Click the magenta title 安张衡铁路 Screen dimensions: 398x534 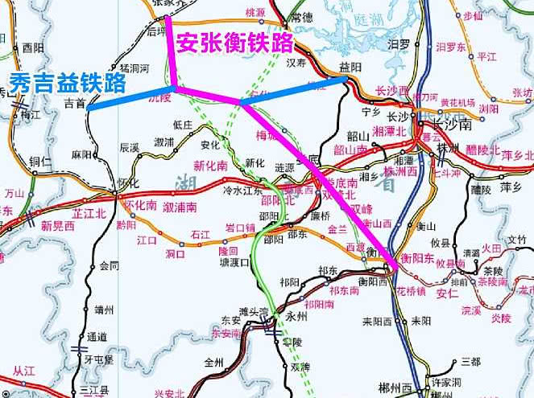234,42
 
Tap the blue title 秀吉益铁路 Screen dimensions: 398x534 68,82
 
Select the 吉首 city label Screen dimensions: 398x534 75,104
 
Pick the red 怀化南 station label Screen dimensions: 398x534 140,205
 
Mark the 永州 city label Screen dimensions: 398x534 296,316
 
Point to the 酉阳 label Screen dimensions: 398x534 33,48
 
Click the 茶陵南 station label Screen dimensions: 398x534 493,281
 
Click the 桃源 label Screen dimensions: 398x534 255,14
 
